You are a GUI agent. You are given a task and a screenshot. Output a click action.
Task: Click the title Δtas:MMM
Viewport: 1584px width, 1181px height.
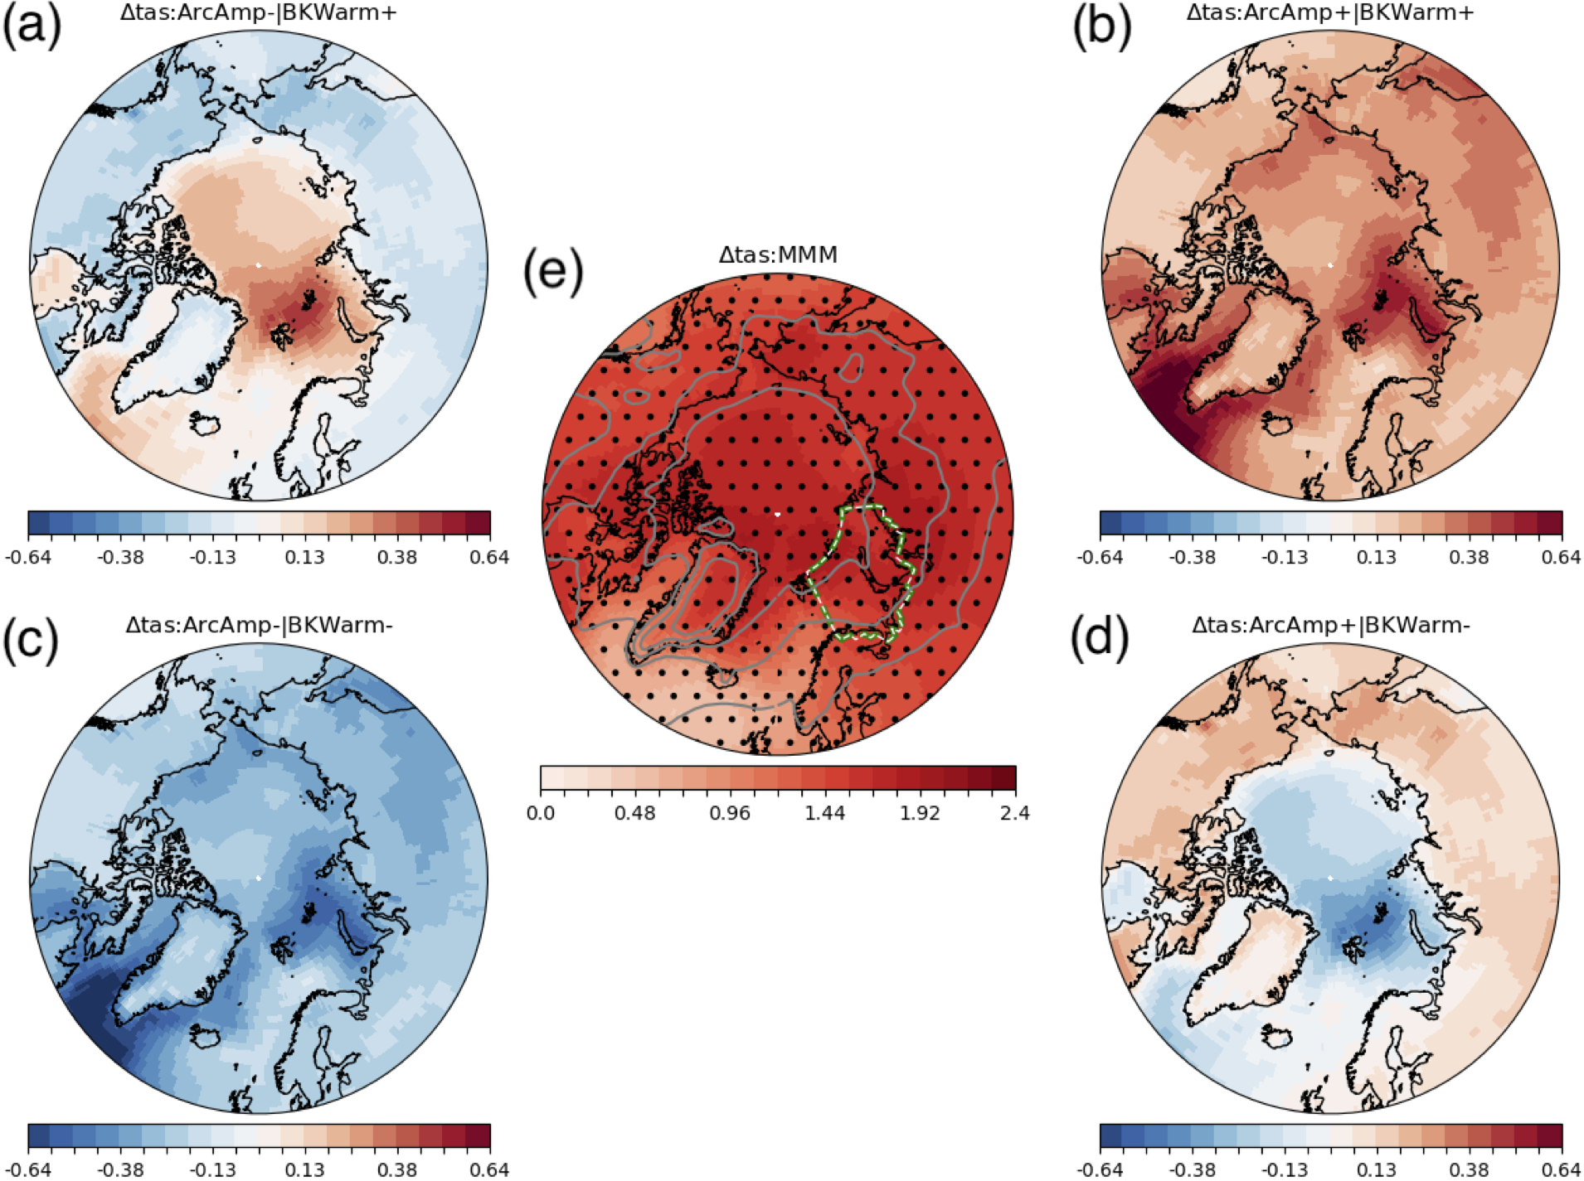(x=778, y=254)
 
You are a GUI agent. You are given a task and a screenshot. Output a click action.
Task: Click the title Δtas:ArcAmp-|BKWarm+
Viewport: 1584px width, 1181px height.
(x=259, y=12)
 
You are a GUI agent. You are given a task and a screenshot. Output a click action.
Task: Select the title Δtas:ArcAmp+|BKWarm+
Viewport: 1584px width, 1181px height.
(x=1330, y=12)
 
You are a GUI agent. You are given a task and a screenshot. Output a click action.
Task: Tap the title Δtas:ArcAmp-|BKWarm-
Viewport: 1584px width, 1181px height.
(x=259, y=625)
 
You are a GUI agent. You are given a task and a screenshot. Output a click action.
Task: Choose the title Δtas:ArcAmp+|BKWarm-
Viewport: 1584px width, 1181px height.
(x=1330, y=625)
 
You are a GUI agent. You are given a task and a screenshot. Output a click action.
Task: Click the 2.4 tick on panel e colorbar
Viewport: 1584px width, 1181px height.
(x=1014, y=813)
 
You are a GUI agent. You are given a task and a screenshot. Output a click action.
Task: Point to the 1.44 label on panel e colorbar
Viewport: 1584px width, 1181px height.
(x=824, y=813)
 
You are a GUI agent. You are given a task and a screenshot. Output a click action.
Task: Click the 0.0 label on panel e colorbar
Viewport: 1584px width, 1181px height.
(x=541, y=813)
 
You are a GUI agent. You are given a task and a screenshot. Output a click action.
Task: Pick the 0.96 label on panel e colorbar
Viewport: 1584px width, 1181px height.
(x=730, y=813)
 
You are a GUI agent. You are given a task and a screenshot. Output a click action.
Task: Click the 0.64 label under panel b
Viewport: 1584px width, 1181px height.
(x=1561, y=557)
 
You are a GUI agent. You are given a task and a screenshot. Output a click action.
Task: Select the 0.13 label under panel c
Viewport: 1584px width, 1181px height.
(x=304, y=1169)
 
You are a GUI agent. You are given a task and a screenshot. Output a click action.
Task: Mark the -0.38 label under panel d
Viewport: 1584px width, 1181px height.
(x=1192, y=1169)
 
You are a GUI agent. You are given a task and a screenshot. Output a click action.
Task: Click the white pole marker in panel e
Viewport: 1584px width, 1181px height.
(x=777, y=514)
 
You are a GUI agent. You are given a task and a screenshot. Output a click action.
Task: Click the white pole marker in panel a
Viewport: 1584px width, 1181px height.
(x=258, y=265)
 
